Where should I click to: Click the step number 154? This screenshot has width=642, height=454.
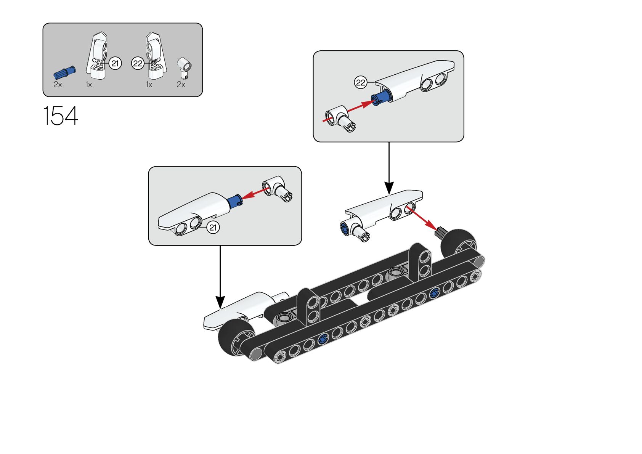coord(61,116)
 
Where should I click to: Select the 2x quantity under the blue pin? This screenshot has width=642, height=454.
coord(58,85)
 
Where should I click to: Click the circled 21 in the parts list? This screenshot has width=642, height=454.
coord(115,63)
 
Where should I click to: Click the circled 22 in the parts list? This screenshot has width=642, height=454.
coord(138,63)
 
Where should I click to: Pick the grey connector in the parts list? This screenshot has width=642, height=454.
coord(185,66)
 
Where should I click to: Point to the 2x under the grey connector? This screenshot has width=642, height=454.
coord(181,85)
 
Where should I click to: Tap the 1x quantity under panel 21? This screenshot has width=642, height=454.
coord(89,85)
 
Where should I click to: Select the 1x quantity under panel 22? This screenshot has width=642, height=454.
coord(149,85)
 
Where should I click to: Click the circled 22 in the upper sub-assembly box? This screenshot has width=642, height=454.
coord(361,82)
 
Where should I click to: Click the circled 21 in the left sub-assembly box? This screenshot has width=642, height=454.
coord(213,228)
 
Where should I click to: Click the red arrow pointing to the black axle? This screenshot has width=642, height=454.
coord(421,217)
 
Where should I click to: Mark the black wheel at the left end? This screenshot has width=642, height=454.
coord(236,337)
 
